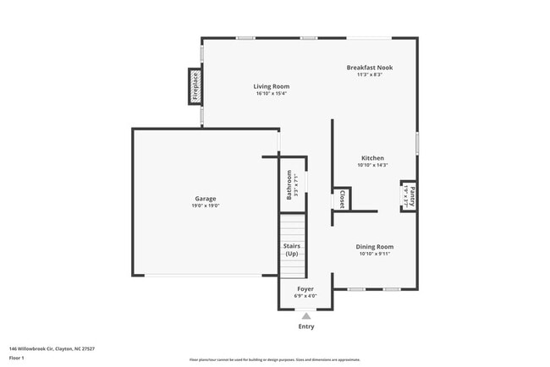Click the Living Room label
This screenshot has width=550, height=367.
pyautogui.click(x=272, y=86)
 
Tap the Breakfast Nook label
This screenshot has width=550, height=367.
pyautogui.click(x=369, y=68)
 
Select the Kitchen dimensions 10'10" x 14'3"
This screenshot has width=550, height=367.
pyautogui.click(x=372, y=165)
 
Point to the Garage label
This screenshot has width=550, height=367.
pyautogui.click(x=205, y=199)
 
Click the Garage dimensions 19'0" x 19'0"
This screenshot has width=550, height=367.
pyautogui.click(x=205, y=205)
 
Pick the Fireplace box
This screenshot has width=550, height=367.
pyautogui.click(x=195, y=86)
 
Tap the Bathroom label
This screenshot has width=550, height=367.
pyautogui.click(x=289, y=183)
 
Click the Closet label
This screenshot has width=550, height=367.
pyautogui.click(x=342, y=200)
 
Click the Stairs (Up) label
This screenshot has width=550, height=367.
pyautogui.click(x=292, y=250)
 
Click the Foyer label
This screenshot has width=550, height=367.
pyautogui.click(x=305, y=289)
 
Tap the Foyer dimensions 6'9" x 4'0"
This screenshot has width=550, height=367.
pyautogui.click(x=305, y=296)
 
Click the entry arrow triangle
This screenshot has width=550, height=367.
pyautogui.click(x=305, y=315)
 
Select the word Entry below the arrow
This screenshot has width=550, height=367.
pyautogui.click(x=305, y=326)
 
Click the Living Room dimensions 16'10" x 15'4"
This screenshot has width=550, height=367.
pyautogui.click(x=272, y=93)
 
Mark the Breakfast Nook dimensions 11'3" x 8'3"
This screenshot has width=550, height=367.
pyautogui.click(x=369, y=74)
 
